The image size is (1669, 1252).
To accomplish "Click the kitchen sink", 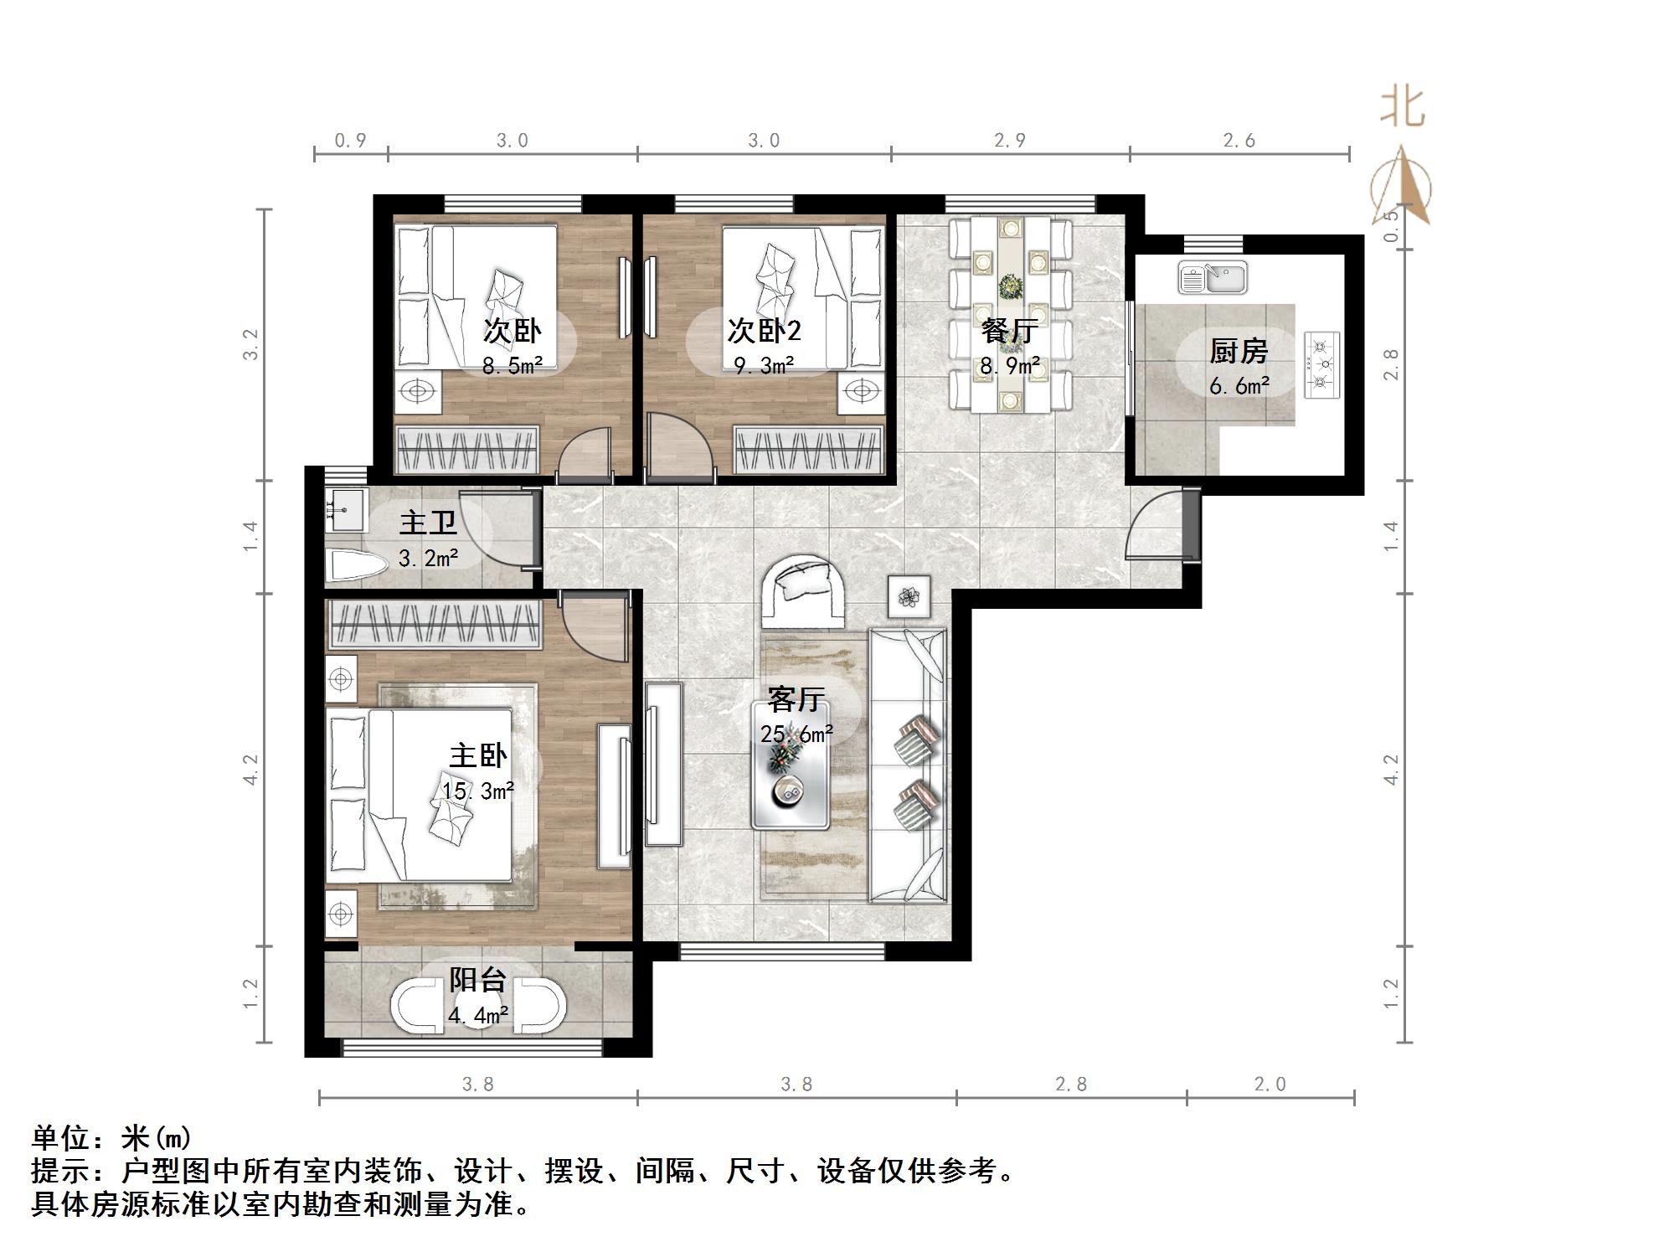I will tap(1212, 277).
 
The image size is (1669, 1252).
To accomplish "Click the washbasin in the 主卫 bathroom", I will tap(345, 509).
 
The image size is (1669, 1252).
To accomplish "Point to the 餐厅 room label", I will tap(1010, 331).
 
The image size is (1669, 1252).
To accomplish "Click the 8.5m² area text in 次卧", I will tap(512, 366).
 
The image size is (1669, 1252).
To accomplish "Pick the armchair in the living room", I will tap(802, 591).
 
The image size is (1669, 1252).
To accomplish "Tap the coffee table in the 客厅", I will tap(790, 775).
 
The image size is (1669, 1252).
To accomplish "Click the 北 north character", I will tap(1403, 108).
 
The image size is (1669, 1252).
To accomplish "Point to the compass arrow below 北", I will tap(1403, 188).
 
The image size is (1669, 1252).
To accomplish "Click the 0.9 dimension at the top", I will tap(350, 141).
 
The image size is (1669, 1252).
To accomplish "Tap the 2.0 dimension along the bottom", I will tap(1270, 1085).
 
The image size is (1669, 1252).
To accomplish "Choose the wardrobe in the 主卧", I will tap(433, 625).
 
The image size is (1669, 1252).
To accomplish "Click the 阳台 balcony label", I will tap(477, 980).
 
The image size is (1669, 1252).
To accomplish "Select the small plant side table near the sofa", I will tap(909, 596).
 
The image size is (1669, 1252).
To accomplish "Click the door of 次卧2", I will tap(679, 451).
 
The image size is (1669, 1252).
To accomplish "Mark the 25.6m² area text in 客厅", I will tap(796, 734).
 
